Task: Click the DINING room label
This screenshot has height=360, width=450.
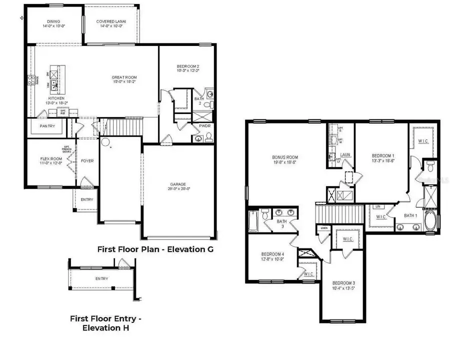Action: pyautogui.click(x=53, y=21)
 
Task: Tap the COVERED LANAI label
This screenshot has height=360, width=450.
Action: pyautogui.click(x=111, y=21)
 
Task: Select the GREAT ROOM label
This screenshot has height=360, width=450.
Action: pyautogui.click(x=124, y=77)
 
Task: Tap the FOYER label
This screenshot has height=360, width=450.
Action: pyautogui.click(x=87, y=161)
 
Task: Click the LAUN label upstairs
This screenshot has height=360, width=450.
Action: pyautogui.click(x=345, y=155)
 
